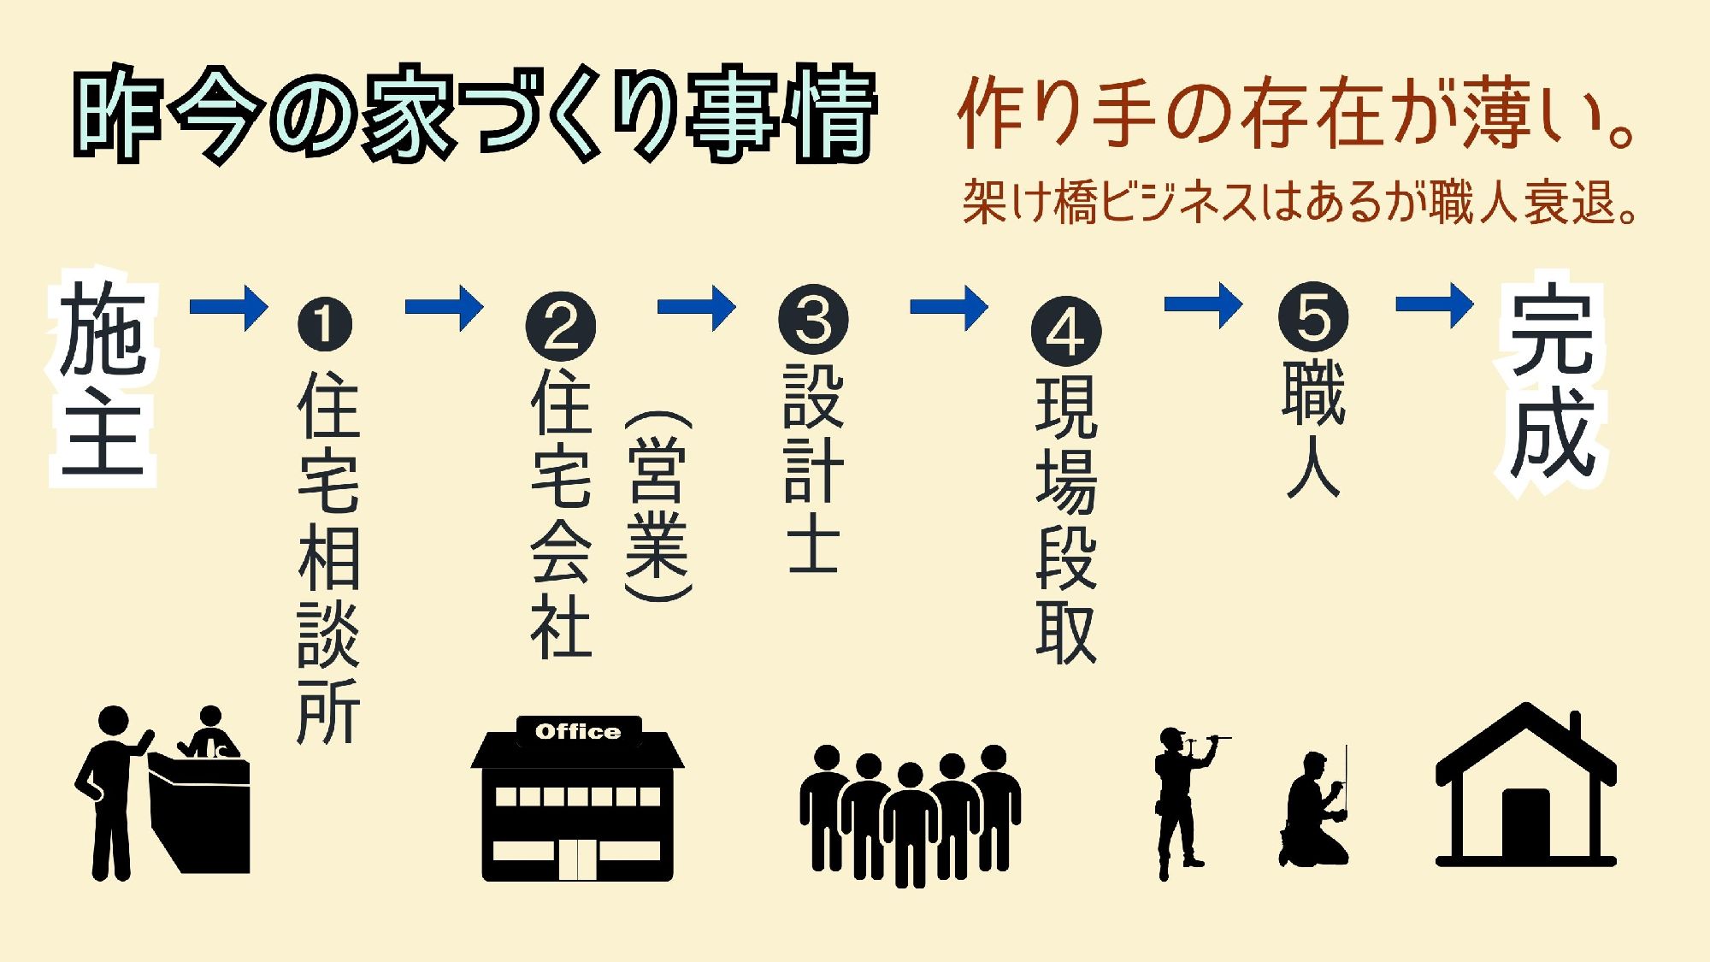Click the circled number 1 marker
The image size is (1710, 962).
pos(324,324)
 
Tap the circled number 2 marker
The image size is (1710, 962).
pos(561,326)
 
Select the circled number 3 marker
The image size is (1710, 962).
pos(813,319)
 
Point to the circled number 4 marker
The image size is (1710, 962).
pos(1066,332)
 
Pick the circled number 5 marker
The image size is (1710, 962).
pos(1313,316)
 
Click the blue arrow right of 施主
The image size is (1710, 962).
pos(228,305)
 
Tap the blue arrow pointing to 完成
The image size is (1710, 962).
pos(1434,304)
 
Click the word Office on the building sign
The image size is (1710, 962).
pos(578,732)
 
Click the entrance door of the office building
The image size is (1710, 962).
pos(578,859)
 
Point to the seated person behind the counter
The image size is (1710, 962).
pos(209,734)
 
